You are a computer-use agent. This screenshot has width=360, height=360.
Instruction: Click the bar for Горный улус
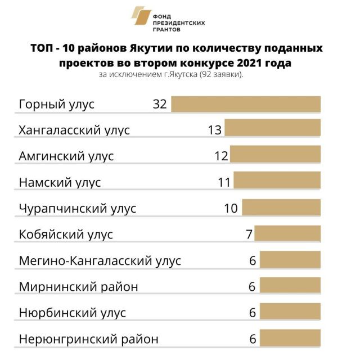(246, 105)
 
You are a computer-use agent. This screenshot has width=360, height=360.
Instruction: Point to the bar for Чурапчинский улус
(282, 208)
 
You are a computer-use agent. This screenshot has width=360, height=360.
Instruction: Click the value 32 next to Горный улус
(160, 105)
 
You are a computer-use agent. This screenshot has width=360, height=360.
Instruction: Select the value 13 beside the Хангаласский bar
(214, 130)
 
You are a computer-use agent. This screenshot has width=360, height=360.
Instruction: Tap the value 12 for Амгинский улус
(220, 156)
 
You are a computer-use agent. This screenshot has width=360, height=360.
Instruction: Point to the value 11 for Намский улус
(224, 182)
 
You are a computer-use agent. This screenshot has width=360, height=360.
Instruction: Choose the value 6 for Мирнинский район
(253, 287)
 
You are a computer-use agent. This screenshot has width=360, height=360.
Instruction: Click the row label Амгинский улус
(66, 156)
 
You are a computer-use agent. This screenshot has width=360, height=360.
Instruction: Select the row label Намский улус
(60, 182)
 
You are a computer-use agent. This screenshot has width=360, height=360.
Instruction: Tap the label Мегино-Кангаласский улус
(100, 261)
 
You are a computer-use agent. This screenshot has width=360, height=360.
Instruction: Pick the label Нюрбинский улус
(73, 313)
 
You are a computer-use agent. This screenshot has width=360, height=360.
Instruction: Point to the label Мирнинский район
(79, 287)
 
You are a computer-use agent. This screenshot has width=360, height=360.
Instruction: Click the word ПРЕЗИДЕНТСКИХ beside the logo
(179, 22)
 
